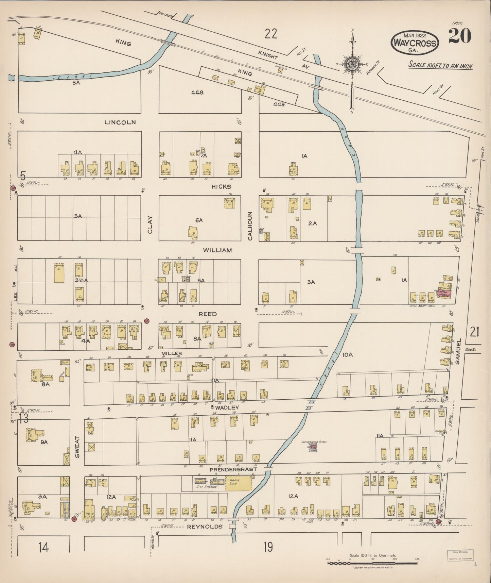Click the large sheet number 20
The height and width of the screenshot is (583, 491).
click(x=459, y=36)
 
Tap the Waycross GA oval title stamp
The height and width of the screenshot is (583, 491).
click(x=415, y=43)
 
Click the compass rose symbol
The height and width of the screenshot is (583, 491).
click(x=353, y=65)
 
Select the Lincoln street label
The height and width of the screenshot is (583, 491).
click(x=120, y=122)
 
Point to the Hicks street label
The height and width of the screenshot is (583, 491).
click(x=221, y=186)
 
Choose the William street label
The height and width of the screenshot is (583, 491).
click(x=217, y=250)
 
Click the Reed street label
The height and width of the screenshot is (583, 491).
click(x=208, y=314)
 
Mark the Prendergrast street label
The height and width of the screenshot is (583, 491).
click(x=233, y=469)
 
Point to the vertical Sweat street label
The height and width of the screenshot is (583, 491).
click(x=77, y=446)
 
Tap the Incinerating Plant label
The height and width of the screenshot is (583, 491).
click(x=314, y=442)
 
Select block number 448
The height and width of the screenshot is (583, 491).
click(x=197, y=92)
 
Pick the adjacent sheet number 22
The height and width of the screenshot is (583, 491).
click(x=271, y=34)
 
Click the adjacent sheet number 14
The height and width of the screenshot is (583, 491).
click(x=43, y=547)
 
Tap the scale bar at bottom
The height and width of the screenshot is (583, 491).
click(x=372, y=563)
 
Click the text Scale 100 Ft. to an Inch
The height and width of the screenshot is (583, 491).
click(x=440, y=66)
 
